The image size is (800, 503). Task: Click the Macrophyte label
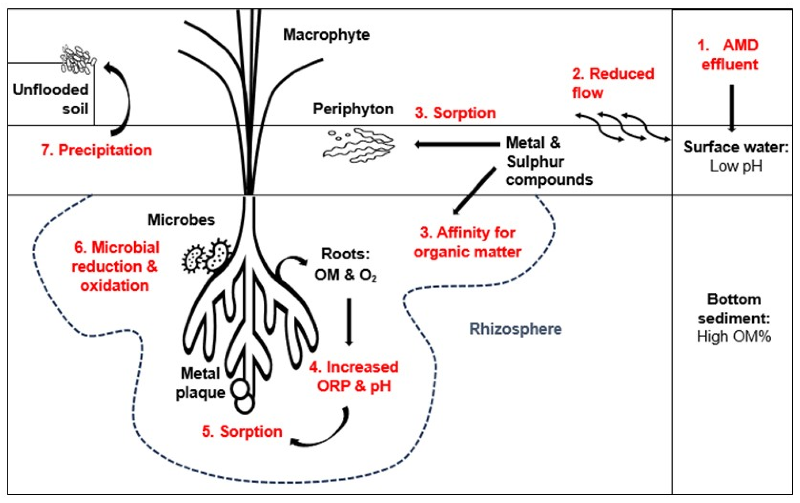[326, 35]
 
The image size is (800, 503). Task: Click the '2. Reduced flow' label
[612, 83]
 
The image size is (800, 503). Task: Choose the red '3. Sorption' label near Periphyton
[455, 113]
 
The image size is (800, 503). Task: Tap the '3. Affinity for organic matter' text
[468, 242]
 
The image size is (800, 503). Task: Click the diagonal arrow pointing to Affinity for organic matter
[474, 191]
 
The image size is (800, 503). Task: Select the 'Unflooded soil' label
[51, 99]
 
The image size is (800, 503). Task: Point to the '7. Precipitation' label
[96, 150]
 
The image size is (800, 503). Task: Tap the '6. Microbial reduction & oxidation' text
[115, 266]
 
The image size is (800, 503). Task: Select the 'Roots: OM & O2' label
[345, 264]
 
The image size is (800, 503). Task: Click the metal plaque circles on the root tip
[243, 397]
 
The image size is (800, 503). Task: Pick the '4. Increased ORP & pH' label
[354, 376]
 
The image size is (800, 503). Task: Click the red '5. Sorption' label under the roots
[242, 432]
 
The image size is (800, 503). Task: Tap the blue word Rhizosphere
[515, 329]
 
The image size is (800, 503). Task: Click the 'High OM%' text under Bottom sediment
[734, 337]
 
